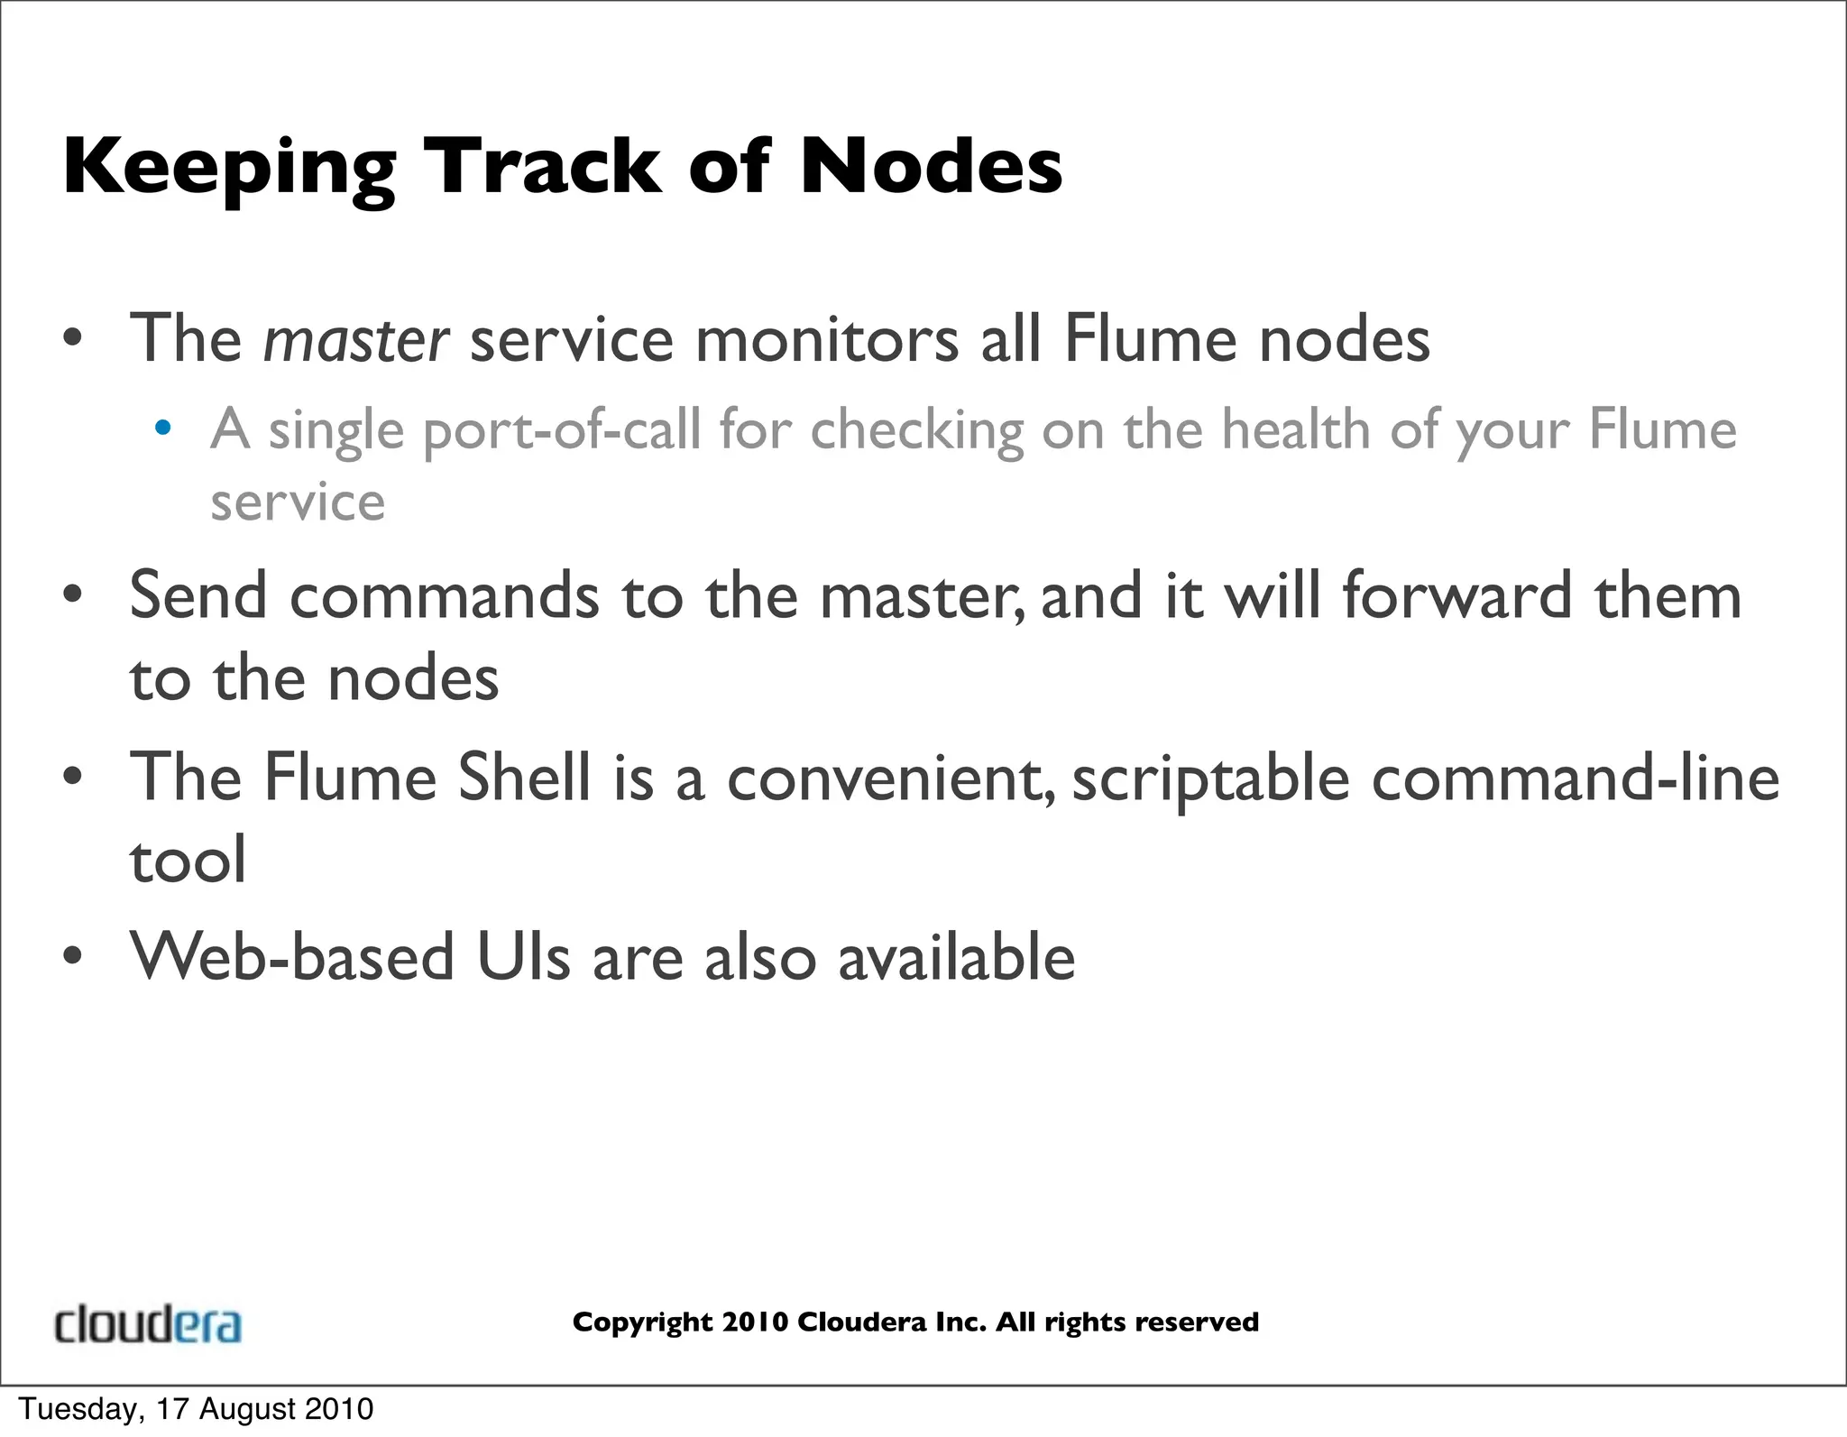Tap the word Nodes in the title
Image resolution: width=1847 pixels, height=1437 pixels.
click(x=931, y=167)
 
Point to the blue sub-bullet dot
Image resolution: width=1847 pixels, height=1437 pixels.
click(x=162, y=428)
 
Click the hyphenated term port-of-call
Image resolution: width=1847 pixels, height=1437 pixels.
click(x=561, y=429)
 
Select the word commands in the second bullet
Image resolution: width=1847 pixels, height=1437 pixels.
click(x=444, y=596)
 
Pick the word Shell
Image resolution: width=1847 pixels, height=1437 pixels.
click(x=524, y=777)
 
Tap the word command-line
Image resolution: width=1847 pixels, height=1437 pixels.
click(x=1576, y=777)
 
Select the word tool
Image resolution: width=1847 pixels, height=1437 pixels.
click(x=188, y=860)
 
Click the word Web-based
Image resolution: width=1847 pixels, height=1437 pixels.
click(x=292, y=957)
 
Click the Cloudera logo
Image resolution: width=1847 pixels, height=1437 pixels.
click(x=148, y=1324)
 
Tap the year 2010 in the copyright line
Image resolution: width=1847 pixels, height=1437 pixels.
click(x=755, y=1322)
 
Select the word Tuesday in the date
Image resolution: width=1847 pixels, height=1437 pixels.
click(x=78, y=1409)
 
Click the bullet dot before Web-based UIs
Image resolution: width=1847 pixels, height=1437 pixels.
click(x=73, y=957)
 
